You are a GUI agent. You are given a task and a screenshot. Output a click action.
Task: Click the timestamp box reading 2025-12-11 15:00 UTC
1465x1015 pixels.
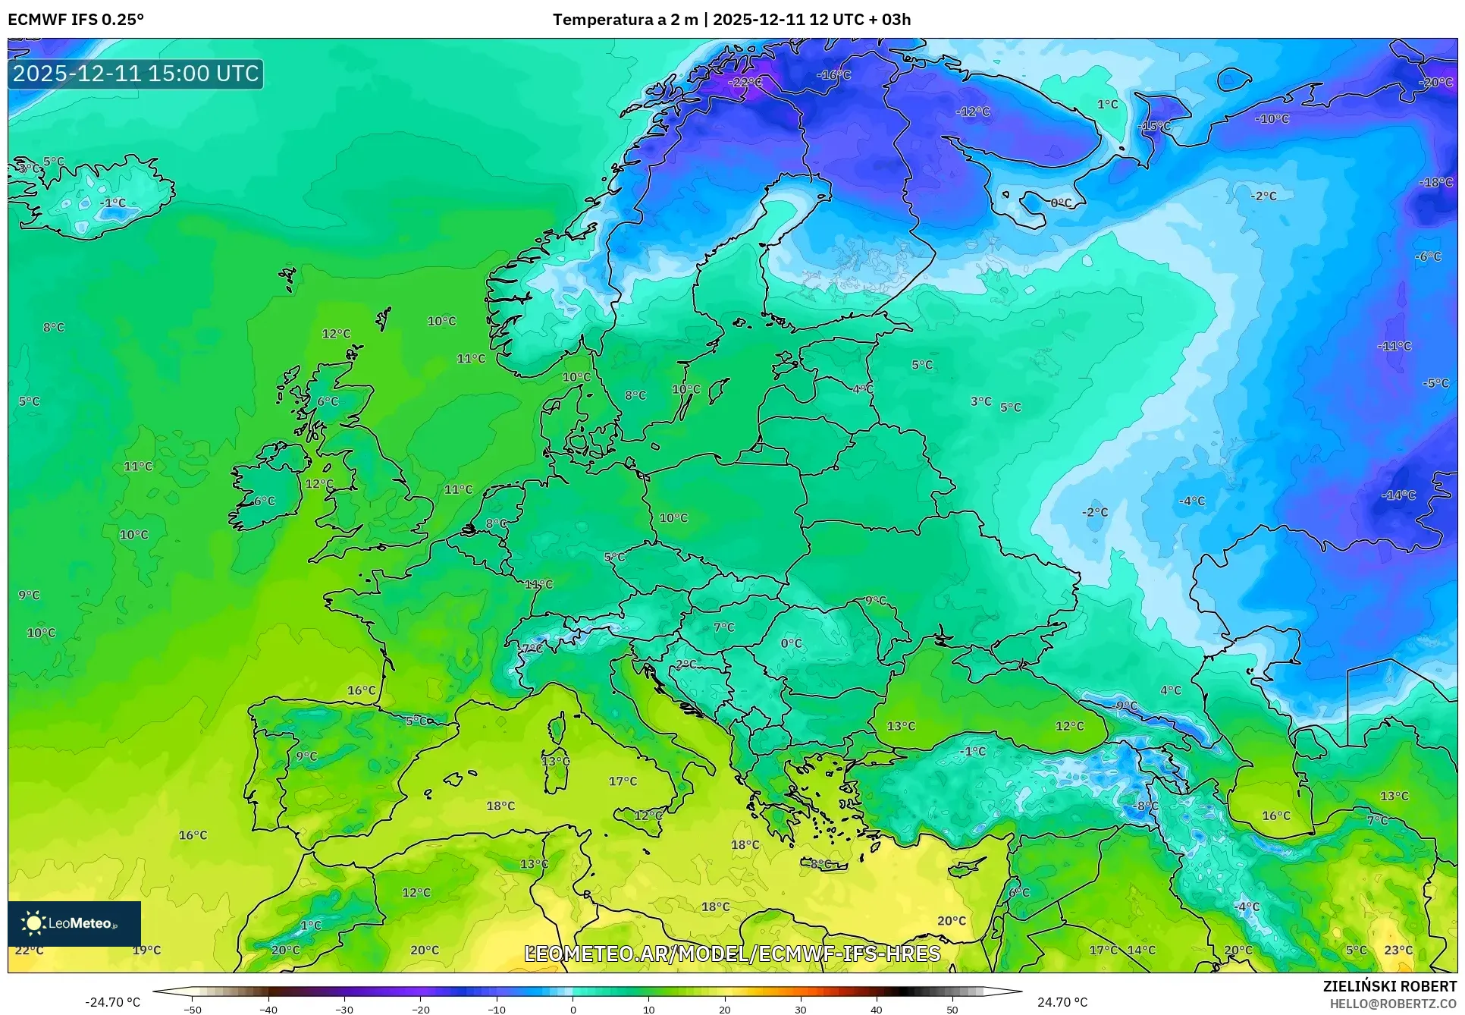136,74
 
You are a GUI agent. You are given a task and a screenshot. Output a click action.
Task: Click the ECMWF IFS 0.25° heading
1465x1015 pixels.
76,19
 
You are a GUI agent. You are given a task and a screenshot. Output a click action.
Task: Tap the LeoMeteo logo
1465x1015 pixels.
74,922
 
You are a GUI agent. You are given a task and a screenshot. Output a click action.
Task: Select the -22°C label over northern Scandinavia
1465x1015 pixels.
745,82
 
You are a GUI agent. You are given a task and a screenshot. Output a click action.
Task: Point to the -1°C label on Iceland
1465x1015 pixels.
113,203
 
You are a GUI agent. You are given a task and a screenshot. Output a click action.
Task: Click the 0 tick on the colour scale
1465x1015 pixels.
573,1009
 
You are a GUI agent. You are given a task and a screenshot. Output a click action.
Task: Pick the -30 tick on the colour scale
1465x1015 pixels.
344,1009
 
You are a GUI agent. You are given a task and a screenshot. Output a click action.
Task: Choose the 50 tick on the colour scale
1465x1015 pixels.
952,1009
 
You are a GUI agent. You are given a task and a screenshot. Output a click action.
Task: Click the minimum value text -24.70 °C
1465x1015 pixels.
112,1002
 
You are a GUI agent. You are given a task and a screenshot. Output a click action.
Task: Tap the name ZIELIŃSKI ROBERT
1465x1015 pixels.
1389,986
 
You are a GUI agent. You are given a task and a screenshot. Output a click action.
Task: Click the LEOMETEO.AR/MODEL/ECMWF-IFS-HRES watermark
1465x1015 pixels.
732,954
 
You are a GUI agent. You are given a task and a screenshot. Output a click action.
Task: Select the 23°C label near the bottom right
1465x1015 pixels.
1398,950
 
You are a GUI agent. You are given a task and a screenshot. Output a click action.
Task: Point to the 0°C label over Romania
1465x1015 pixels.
791,643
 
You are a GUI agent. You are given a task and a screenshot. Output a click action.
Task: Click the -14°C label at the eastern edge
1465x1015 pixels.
1398,495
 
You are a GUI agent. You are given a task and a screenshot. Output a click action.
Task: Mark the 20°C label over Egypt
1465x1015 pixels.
952,920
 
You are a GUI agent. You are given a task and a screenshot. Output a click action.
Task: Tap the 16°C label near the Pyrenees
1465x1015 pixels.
362,690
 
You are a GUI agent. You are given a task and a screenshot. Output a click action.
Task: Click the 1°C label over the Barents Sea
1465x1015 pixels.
1108,104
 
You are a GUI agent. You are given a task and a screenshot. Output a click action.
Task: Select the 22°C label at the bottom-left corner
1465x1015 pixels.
29,950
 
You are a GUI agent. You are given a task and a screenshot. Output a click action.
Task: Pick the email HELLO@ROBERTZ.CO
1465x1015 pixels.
1393,1003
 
